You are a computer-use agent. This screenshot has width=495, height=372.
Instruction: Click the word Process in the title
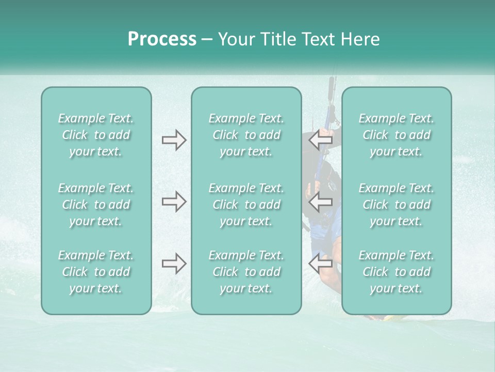[x=162, y=39]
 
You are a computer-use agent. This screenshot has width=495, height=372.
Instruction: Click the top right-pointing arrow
[x=174, y=140]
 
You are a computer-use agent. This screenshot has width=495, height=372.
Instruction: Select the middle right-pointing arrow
[x=174, y=202]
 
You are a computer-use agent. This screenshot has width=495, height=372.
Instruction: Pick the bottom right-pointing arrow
[x=174, y=263]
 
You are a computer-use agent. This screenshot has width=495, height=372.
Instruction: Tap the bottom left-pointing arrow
[x=321, y=263]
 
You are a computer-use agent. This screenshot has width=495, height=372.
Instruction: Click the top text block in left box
[x=96, y=135]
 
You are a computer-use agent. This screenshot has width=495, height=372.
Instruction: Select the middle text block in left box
[x=96, y=205]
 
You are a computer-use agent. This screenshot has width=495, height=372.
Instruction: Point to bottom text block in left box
[x=96, y=272]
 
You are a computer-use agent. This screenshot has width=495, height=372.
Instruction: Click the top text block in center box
[x=246, y=135]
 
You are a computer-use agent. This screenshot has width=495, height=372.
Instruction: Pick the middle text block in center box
[x=246, y=205]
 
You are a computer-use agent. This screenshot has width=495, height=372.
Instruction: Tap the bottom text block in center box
[x=246, y=272]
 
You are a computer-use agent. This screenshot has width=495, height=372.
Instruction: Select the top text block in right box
[x=396, y=135]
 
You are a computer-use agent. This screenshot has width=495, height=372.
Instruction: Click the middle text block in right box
[x=396, y=205]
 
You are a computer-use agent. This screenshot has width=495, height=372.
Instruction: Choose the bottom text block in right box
[x=396, y=272]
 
